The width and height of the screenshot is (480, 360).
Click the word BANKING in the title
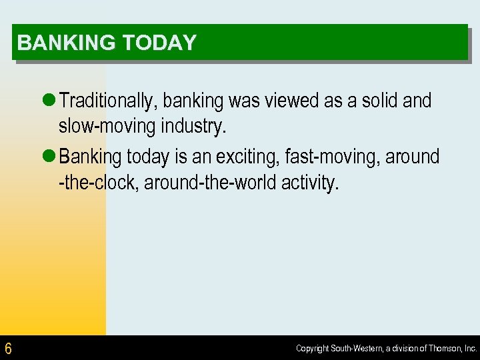tap(57, 43)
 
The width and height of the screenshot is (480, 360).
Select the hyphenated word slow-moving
tap(103, 126)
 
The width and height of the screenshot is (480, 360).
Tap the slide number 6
tap(8, 348)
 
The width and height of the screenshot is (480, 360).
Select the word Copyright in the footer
tap(312, 349)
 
